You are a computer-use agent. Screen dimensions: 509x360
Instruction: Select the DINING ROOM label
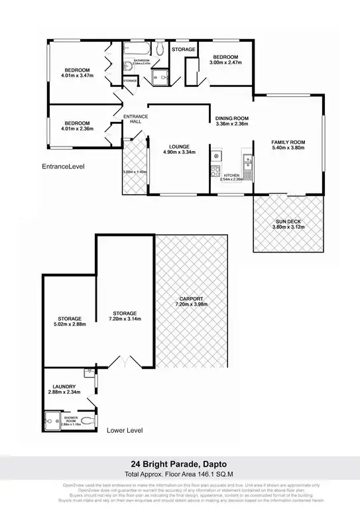pos(232,118)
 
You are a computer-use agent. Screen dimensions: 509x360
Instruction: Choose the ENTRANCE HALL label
pos(135,119)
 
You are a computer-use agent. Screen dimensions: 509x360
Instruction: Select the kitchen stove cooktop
pos(215,172)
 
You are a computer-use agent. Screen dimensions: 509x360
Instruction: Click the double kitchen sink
pos(247,160)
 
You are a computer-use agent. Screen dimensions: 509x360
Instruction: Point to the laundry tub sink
pos(95,382)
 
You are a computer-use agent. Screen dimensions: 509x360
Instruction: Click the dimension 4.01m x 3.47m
pos(78,77)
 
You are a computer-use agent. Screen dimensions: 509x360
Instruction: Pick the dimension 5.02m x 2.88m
pos(69,325)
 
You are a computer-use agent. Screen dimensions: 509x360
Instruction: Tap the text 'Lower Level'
pos(124,431)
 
